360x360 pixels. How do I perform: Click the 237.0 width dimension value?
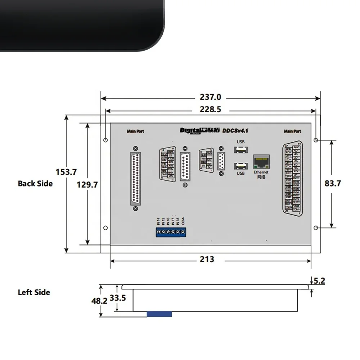click(211, 97)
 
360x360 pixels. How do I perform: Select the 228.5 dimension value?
click(211, 109)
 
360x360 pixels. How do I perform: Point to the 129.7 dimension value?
click(87, 185)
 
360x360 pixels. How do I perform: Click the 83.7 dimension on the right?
click(333, 183)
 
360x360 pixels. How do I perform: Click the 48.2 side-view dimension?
click(99, 301)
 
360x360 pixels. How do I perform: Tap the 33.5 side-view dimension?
click(117, 298)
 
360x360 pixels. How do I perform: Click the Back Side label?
click(35, 184)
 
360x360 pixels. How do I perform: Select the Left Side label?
click(34, 292)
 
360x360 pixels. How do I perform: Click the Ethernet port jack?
click(261, 162)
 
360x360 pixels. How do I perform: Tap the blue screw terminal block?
click(171, 232)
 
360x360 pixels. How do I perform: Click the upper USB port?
click(240, 150)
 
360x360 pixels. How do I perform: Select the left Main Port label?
click(135, 131)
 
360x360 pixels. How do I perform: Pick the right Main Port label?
click(292, 131)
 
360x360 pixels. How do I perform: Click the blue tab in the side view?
click(159, 314)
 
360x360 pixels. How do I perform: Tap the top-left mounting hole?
click(105, 140)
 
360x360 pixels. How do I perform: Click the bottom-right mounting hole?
click(316, 228)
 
